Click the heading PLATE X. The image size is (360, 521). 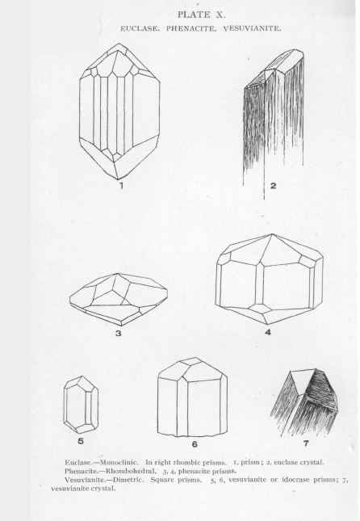(x=201, y=15)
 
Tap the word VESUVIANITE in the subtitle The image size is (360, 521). (x=252, y=28)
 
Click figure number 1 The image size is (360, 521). (x=121, y=186)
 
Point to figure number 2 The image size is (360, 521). (x=273, y=186)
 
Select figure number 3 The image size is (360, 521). (x=118, y=333)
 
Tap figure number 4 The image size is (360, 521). (x=268, y=332)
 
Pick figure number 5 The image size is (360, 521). (x=81, y=441)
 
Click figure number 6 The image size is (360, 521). (x=195, y=444)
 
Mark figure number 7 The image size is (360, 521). (x=306, y=443)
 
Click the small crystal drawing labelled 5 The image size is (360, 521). (x=81, y=405)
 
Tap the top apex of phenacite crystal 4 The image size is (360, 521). (x=272, y=234)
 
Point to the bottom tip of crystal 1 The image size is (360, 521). (x=118, y=179)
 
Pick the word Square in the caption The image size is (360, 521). (x=161, y=480)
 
